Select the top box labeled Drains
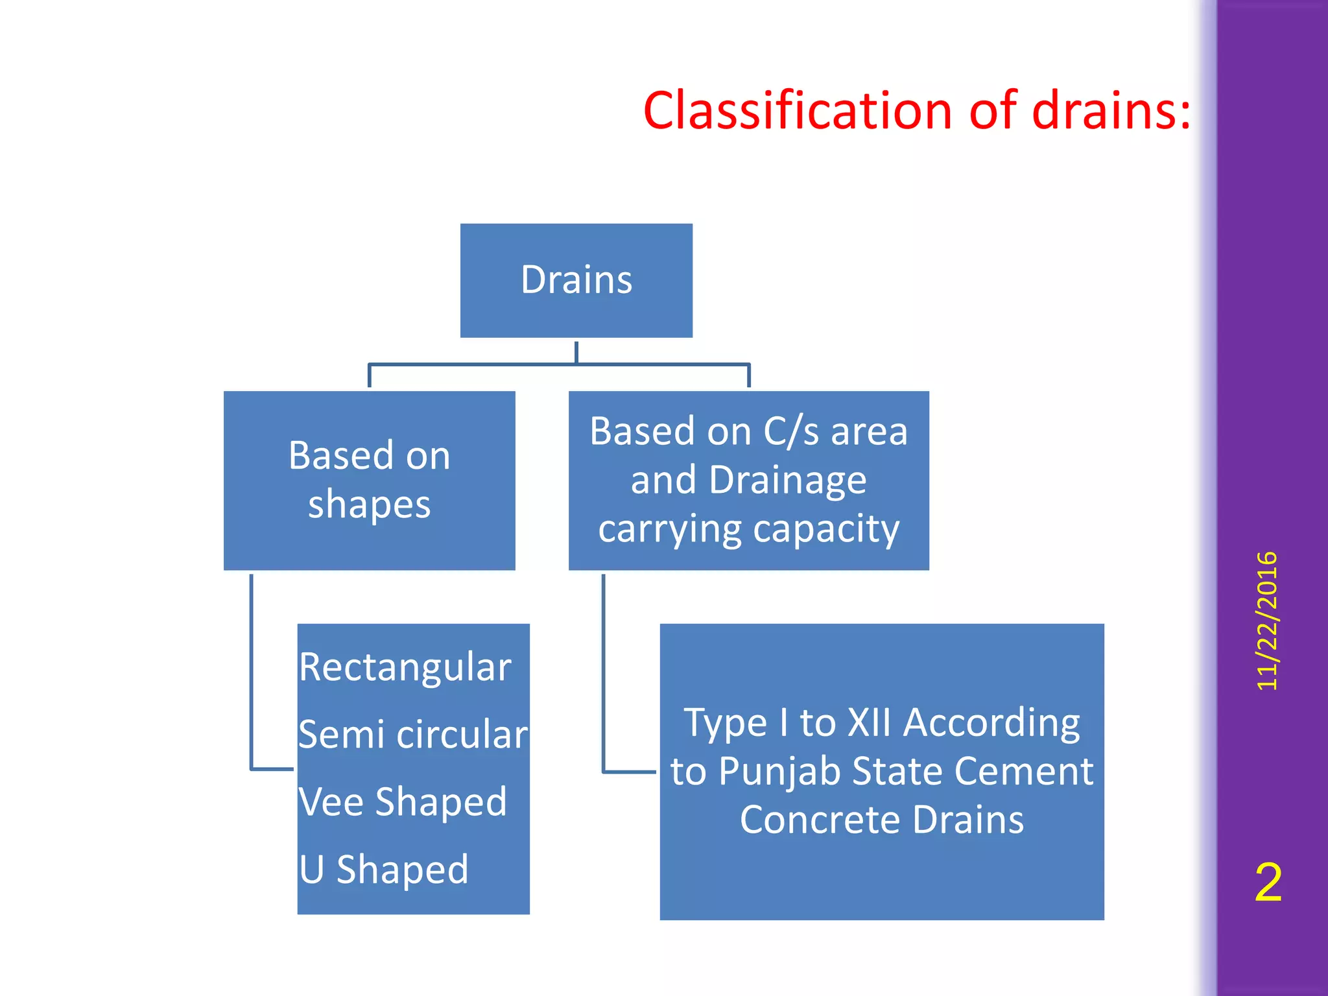pyautogui.click(x=576, y=280)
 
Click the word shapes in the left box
pyautogui.click(x=369, y=504)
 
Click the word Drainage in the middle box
pyautogui.click(x=787, y=480)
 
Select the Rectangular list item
pyautogui.click(x=405, y=667)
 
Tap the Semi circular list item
pyautogui.click(x=412, y=735)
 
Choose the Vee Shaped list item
pyautogui.click(x=402, y=802)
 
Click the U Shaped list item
pyautogui.click(x=383, y=869)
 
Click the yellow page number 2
pyautogui.click(x=1268, y=883)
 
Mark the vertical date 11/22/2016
pyautogui.click(x=1266, y=621)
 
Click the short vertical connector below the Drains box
pyautogui.click(x=576, y=352)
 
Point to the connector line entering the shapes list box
pyautogui.click(x=272, y=769)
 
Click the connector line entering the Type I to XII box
pyautogui.click(x=629, y=772)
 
